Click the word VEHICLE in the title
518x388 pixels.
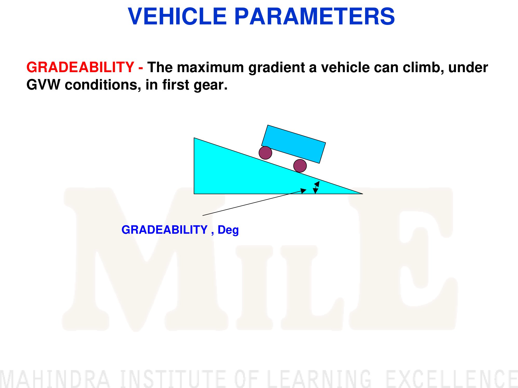[177, 16]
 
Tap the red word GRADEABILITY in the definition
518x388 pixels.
[80, 67]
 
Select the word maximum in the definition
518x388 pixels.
[210, 67]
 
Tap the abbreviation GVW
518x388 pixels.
[43, 85]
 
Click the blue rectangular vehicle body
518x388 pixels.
[293, 144]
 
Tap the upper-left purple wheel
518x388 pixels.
[265, 153]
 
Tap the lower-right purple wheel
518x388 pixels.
[300, 166]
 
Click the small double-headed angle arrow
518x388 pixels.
[316, 187]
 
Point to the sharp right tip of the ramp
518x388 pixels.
[363, 194]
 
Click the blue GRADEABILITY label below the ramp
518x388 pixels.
[165, 230]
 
